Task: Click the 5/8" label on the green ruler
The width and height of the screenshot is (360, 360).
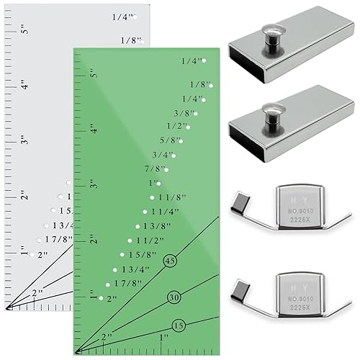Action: (172, 140)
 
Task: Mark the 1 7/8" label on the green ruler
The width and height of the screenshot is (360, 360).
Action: (127, 283)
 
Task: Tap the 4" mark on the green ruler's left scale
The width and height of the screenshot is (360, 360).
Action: (92, 131)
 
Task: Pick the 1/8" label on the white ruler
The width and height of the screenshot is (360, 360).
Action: (130, 40)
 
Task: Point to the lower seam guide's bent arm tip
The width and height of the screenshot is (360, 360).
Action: (238, 288)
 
